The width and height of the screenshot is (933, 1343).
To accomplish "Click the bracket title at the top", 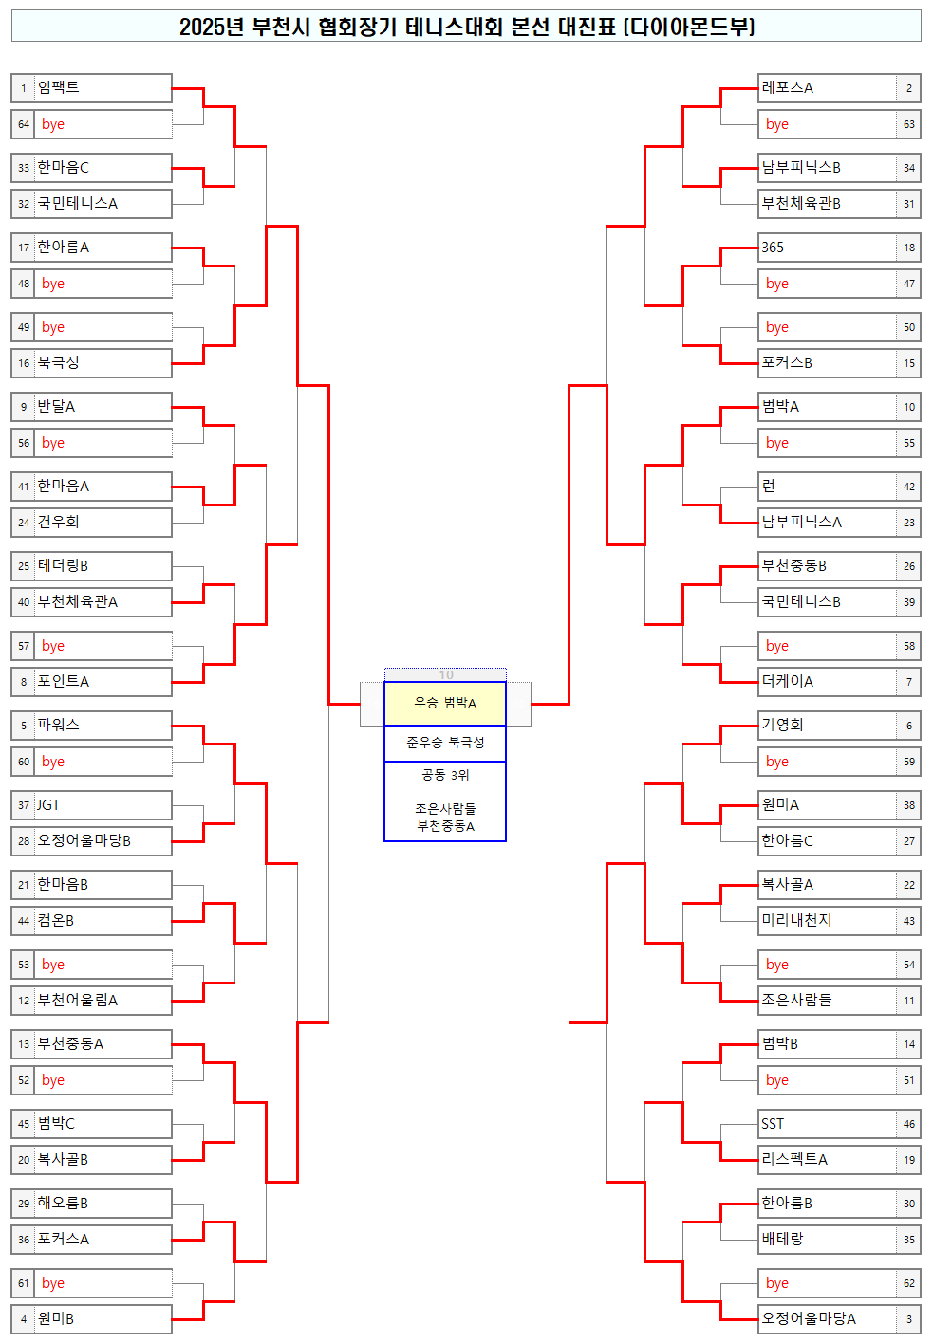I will tap(466, 27).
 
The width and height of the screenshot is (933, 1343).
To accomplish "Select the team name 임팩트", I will tap(59, 87).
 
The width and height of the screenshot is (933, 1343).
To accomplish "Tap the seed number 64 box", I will tap(24, 124).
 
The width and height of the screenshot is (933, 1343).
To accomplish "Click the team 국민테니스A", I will tap(78, 203).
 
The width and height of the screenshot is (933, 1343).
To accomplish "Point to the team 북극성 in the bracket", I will tap(59, 362).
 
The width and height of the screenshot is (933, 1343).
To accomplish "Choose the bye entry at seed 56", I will tap(53, 443).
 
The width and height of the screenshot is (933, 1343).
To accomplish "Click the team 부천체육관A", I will tap(78, 601).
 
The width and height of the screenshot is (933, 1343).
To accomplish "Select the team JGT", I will tap(48, 804).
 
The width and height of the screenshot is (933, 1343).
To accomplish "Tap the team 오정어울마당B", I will tap(84, 840).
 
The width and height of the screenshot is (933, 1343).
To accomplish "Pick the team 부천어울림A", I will tap(78, 1000).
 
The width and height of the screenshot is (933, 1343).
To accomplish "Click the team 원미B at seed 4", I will tap(56, 1318).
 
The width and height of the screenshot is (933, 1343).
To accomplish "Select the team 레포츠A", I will tap(788, 87).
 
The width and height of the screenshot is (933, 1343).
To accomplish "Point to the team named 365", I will tap(773, 247).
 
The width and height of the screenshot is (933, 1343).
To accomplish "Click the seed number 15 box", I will tap(909, 363).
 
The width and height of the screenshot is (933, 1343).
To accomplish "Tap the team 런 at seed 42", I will tap(769, 486).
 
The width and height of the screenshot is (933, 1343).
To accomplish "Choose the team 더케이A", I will tap(788, 681).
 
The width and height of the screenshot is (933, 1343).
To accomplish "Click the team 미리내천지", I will tap(796, 920).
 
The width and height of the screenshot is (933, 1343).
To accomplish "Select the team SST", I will tap(773, 1123).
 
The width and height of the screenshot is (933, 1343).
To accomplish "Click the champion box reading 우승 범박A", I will tap(445, 703).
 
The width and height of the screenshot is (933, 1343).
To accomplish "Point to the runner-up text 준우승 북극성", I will tap(445, 743).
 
